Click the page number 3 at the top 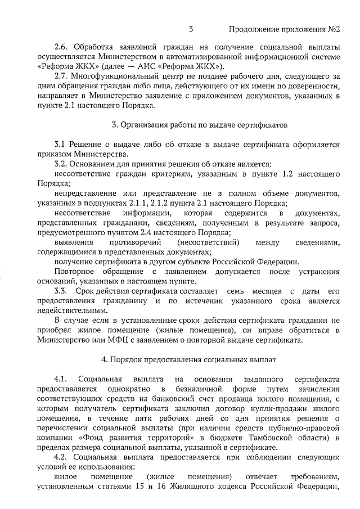pyautogui.click(x=191, y=29)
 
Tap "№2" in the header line pyautogui.click(x=335, y=29)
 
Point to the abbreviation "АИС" pyautogui.click(x=168, y=66)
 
